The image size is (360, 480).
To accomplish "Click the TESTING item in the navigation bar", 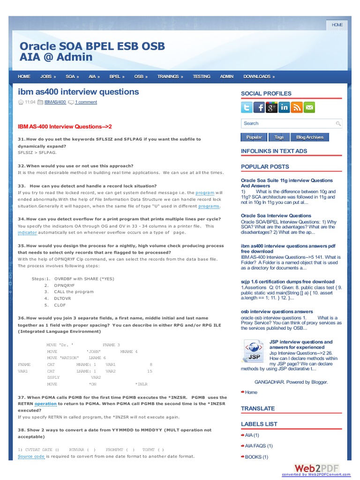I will coord(202,76).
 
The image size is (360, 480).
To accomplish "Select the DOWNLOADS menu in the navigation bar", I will coord(259,76).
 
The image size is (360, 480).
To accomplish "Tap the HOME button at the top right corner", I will coord(337,24).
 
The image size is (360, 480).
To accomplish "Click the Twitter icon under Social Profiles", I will coord(247,108).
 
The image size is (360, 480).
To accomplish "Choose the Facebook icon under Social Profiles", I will coord(259,108).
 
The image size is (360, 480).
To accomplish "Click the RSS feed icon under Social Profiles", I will coord(297,108).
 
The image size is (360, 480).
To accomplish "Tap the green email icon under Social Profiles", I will coord(309,108).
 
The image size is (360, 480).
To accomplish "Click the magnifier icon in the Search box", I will coord(338,124).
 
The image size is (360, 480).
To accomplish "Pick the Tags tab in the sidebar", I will coord(279,137).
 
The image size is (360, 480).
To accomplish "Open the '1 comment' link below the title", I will coord(86,102).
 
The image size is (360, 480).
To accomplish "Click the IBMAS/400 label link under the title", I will coord(55,102).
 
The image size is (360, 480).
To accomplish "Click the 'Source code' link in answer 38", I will coord(31,456).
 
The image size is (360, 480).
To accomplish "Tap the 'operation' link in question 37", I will coord(45,404).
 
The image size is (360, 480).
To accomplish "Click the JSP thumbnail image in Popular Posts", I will coord(254,351).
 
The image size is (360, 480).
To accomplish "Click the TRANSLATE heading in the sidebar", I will coord(258,408).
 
